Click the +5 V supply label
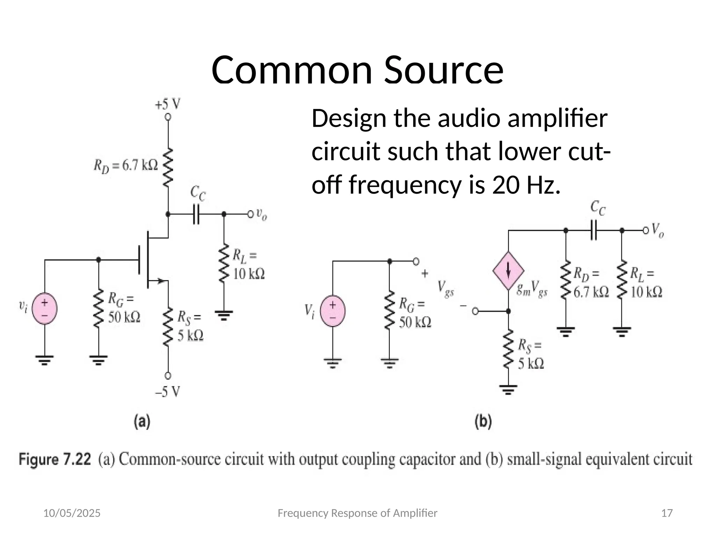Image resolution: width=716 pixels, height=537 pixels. [x=168, y=104]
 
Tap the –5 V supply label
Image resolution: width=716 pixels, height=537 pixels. [x=168, y=392]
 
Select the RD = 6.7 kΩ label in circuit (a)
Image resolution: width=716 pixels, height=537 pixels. [x=126, y=165]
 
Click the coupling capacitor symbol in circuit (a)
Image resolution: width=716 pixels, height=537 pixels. [x=196, y=214]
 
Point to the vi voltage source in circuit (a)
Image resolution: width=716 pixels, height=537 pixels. [x=45, y=308]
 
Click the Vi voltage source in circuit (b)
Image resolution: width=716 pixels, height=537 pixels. [x=333, y=311]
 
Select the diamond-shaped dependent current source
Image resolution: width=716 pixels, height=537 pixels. [x=508, y=271]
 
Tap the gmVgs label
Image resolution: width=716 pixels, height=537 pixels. [x=532, y=289]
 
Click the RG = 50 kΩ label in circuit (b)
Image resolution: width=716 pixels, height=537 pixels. [x=415, y=313]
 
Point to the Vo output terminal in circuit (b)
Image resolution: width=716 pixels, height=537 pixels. [x=645, y=230]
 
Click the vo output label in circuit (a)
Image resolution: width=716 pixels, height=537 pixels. [x=262, y=214]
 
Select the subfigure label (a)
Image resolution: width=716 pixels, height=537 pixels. [x=142, y=422]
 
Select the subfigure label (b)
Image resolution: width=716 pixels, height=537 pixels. [x=483, y=422]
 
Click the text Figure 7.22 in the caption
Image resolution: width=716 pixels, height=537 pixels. [x=55, y=459]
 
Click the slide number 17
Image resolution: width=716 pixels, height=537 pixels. [x=667, y=513]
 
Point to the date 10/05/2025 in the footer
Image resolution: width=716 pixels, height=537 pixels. [x=72, y=513]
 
